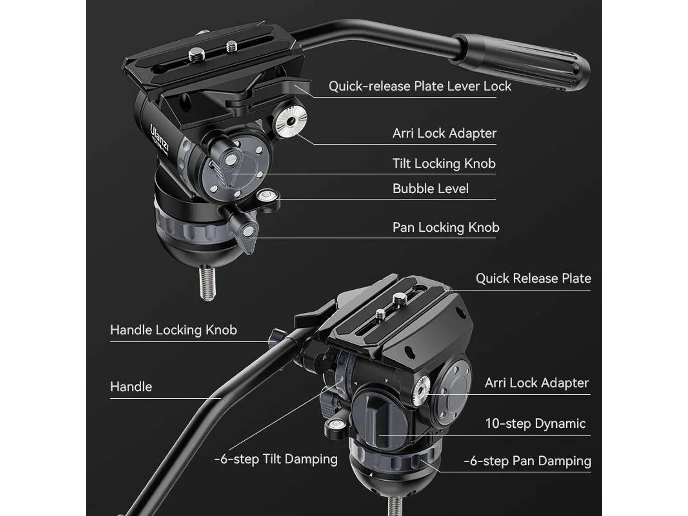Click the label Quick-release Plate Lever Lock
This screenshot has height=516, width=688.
click(x=420, y=86)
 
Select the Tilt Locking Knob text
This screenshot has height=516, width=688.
click(x=444, y=163)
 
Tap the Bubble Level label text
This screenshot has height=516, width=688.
click(x=430, y=188)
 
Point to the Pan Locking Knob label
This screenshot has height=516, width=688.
click(x=445, y=227)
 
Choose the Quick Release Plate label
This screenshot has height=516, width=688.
click(x=533, y=278)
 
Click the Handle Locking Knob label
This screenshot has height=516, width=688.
click(x=173, y=330)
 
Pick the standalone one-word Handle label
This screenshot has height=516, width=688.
click(x=131, y=387)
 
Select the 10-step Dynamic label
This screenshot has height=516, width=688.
click(x=535, y=423)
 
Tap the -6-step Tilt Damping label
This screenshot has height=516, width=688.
click(x=276, y=459)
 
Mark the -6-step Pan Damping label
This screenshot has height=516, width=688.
click(x=527, y=461)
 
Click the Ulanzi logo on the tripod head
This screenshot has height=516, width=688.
click(x=160, y=138)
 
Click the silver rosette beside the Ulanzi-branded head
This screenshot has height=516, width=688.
click(x=291, y=120)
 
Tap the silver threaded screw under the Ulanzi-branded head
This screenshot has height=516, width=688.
click(x=207, y=283)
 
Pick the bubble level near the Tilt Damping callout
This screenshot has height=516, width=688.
click(x=335, y=424)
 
